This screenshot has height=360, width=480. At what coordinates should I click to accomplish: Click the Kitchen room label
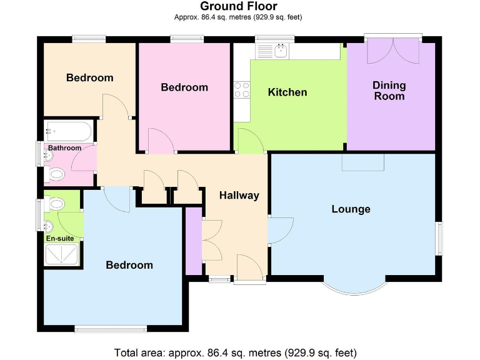[287, 92]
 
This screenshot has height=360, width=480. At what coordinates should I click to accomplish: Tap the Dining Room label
[389, 91]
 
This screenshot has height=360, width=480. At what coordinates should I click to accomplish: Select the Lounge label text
[351, 209]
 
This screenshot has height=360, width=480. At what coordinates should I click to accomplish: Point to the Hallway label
[239, 195]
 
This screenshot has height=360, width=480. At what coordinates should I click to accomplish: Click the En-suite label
[59, 238]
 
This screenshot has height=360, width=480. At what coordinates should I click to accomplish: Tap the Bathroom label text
[65, 148]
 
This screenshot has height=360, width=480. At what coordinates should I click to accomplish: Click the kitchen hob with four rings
[242, 90]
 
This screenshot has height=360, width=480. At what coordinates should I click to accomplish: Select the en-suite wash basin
[49, 226]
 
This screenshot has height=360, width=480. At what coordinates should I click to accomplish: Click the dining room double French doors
[394, 51]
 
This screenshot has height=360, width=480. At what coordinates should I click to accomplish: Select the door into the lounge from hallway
[279, 231]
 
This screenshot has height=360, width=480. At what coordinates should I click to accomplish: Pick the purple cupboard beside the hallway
[194, 241]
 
